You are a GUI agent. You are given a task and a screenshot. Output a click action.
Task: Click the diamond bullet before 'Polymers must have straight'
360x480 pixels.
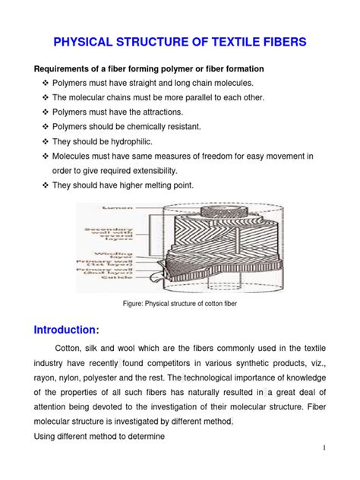point(45,82)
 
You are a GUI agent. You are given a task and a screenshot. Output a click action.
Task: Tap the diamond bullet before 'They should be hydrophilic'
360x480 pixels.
point(45,141)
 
